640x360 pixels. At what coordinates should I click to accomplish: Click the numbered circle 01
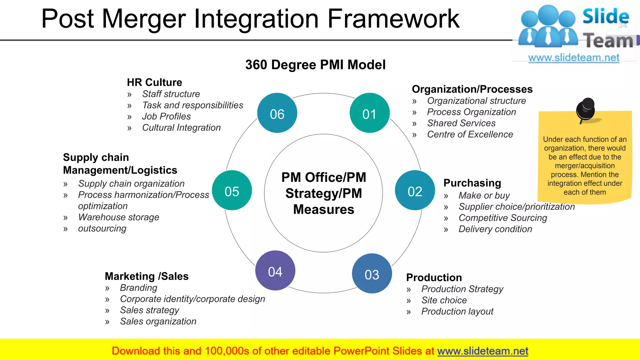coord(369,113)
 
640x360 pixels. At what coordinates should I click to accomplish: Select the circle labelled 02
coord(415,190)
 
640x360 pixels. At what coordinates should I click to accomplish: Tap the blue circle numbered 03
coord(372,273)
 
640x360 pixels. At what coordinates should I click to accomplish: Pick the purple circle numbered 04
coord(275,271)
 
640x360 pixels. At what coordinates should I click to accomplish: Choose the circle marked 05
coord(232,190)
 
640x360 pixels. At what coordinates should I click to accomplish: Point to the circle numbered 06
coord(277,113)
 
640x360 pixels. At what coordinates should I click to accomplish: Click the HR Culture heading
coord(154,82)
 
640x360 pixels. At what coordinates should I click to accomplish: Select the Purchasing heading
coord(472,183)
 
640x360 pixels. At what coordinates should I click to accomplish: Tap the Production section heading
coord(434,277)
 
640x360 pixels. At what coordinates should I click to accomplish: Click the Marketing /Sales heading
coord(147,276)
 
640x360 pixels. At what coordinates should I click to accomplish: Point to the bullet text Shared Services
coord(461,123)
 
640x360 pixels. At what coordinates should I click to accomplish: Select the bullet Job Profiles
coord(166,116)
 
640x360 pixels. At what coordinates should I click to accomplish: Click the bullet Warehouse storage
coord(118,217)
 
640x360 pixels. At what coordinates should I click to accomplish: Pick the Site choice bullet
coord(444,300)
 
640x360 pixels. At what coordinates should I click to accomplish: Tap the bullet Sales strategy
coord(149,310)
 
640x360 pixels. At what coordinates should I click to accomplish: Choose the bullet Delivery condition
coord(495,229)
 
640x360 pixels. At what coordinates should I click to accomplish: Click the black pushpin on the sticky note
coord(586,109)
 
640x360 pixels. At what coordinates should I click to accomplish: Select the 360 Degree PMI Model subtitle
coord(315,65)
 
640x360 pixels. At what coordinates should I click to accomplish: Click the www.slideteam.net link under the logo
coord(574,58)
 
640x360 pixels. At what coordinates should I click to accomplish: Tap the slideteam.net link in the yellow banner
coord(482,351)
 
